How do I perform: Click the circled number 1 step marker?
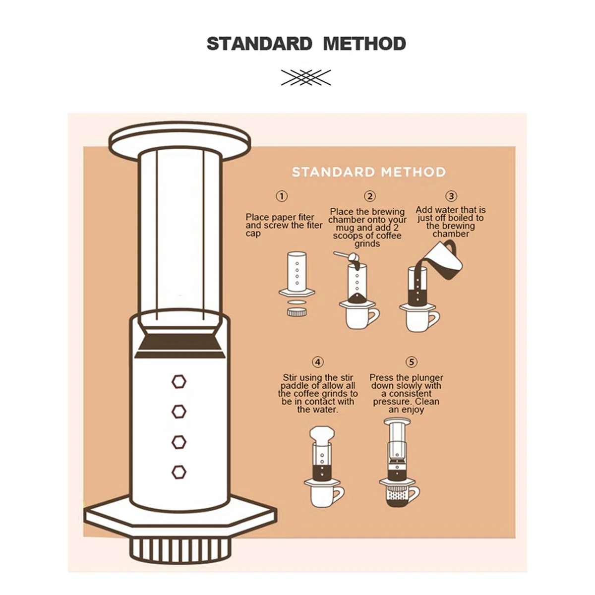(282, 196)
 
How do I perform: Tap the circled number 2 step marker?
(369, 196)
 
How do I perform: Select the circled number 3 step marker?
(451, 196)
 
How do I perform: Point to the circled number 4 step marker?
(318, 362)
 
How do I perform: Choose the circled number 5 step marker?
(411, 362)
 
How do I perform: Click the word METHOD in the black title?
(364, 44)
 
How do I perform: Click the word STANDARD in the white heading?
(335, 172)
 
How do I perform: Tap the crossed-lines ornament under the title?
(306, 77)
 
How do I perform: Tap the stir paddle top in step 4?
(322, 435)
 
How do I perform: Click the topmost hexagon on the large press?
(179, 382)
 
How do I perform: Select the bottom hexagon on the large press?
(179, 472)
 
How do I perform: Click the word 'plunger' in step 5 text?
(426, 378)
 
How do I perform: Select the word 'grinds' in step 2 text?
(367, 244)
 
